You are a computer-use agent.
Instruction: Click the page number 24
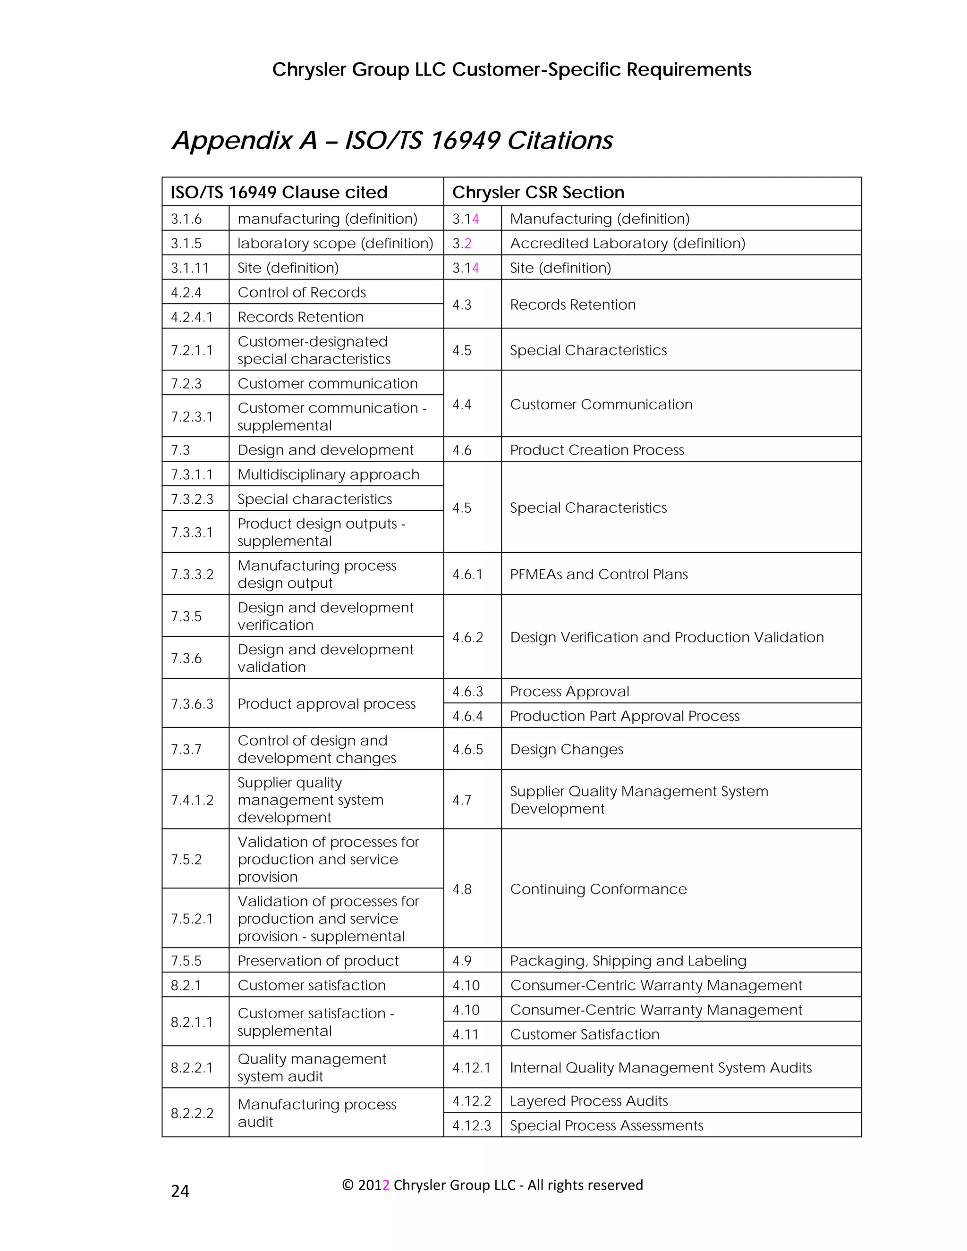pyautogui.click(x=180, y=1192)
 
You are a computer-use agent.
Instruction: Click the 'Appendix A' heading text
pyautogui.click(x=245, y=140)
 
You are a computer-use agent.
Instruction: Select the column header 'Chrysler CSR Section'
pyautogui.click(x=538, y=193)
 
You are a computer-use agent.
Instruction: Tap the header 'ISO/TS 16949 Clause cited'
pyautogui.click(x=279, y=193)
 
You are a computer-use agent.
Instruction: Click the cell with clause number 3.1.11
pyautogui.click(x=190, y=268)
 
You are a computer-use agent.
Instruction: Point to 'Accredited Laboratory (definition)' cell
pyautogui.click(x=628, y=244)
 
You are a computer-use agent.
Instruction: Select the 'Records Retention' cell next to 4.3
pyautogui.click(x=573, y=305)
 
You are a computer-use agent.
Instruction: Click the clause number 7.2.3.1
pyautogui.click(x=192, y=416)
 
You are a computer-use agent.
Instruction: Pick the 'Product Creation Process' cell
pyautogui.click(x=597, y=450)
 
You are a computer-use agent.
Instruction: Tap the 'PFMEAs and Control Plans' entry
pyautogui.click(x=599, y=575)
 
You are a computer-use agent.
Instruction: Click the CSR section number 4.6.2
pyautogui.click(x=467, y=637)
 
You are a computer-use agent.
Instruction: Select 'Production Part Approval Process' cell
pyautogui.click(x=624, y=716)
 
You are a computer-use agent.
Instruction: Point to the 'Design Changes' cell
pyautogui.click(x=567, y=749)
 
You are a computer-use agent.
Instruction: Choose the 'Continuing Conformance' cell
pyautogui.click(x=598, y=889)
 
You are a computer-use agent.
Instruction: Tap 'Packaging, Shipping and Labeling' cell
pyautogui.click(x=628, y=961)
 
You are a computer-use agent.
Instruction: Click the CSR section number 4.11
pyautogui.click(x=466, y=1034)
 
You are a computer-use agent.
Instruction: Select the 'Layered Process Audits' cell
pyautogui.click(x=589, y=1101)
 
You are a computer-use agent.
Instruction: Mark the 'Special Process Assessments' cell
pyautogui.click(x=606, y=1125)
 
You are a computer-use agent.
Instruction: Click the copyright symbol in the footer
pyautogui.click(x=347, y=1185)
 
